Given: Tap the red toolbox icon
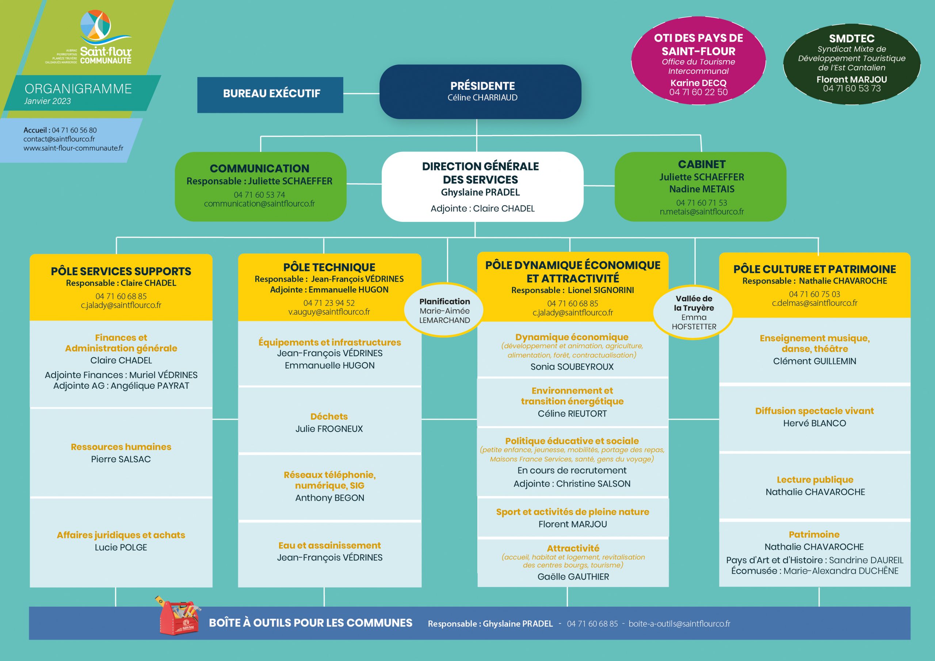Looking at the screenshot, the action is (178, 616).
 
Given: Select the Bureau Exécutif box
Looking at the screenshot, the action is (270, 95).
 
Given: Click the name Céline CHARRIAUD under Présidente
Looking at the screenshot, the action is (482, 98).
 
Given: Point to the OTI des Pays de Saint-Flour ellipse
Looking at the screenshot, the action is (698, 60).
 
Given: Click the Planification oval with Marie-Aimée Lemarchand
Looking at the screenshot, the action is (445, 310).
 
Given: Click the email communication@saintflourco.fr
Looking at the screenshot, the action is (259, 204).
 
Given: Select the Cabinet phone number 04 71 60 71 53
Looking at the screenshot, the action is (701, 203).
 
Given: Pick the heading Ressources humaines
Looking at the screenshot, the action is (121, 446).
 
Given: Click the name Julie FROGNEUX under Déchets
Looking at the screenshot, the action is (329, 429).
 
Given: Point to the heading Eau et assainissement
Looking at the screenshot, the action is (329, 545).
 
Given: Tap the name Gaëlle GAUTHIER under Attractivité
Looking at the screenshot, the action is (573, 577).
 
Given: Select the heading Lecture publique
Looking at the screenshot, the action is (815, 480).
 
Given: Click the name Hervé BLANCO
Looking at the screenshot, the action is (814, 423).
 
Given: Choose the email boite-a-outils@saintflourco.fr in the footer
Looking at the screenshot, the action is (679, 623).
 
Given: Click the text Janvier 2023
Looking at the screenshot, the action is (47, 101).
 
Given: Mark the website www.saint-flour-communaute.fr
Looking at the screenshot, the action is (73, 148).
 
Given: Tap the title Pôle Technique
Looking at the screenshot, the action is (329, 268).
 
